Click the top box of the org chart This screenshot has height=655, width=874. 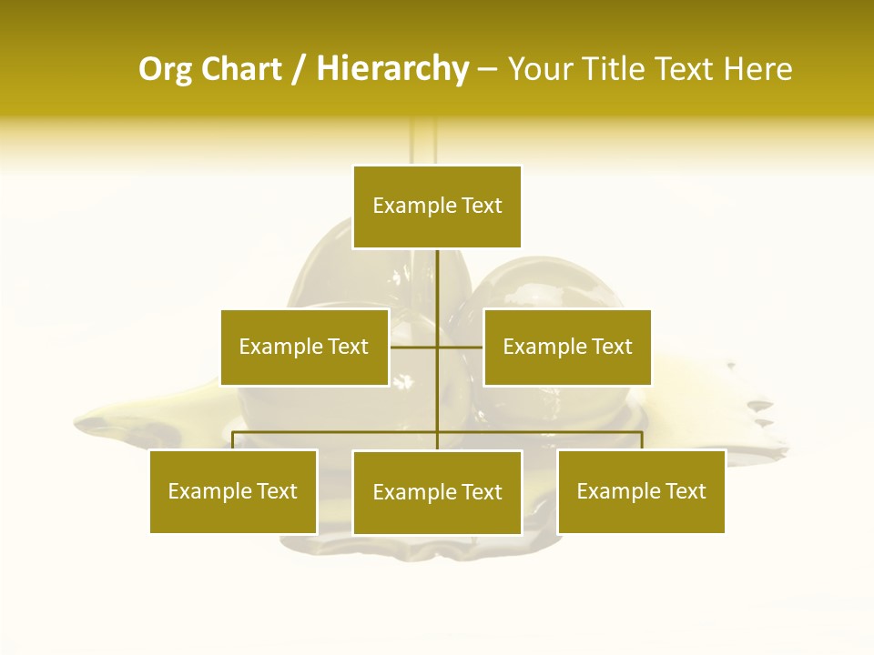[437, 207]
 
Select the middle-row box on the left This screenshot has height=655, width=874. [304, 347]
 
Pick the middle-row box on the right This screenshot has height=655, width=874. [567, 347]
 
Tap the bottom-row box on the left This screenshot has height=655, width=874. [233, 491]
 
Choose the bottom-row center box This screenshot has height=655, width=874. [437, 492]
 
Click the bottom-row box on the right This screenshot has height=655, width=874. [641, 491]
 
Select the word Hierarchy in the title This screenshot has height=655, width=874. [392, 69]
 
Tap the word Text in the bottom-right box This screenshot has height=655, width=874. [686, 491]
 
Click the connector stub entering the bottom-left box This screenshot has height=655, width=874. [233, 440]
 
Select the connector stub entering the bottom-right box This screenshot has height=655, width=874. [642, 440]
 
